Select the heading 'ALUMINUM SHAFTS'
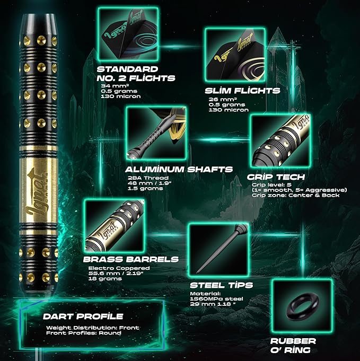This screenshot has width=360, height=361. pos(179,170)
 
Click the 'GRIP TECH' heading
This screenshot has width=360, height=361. pos(276,177)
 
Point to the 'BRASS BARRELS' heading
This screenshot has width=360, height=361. pos(131,259)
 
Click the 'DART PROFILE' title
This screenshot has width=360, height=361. pos(83,316)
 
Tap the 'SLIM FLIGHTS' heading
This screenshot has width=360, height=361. pos(242,91)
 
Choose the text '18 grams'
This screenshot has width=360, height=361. pos(105,279)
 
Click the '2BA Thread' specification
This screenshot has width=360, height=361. pos(148,178)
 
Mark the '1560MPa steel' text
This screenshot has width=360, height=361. pos(216,299)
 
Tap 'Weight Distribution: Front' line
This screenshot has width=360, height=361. pos(93,328)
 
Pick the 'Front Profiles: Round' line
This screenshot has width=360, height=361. pos(84,333)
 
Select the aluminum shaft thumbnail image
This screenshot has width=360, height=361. pos(156,133)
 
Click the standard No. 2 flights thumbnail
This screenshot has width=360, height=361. pos(128,34)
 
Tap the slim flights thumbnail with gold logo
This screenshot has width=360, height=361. pos(235,55)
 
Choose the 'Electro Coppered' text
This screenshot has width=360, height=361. pos(119,268)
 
